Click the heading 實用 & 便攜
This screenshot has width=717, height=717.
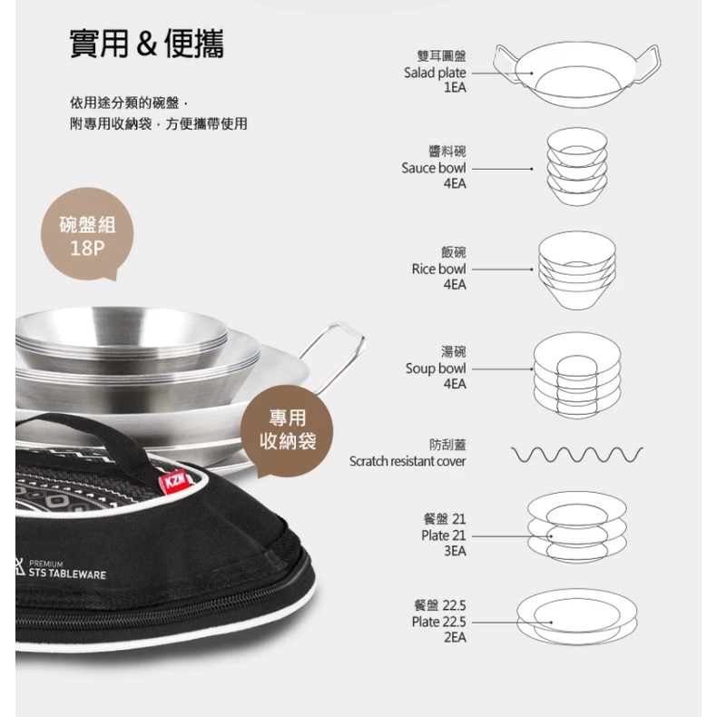click(x=147, y=44)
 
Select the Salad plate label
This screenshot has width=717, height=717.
click(x=435, y=73)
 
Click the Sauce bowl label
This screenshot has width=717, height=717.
click(x=434, y=168)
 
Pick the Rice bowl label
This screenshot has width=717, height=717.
click(x=438, y=269)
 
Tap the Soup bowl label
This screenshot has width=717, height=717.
click(x=436, y=368)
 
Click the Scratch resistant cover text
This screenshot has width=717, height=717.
click(x=408, y=461)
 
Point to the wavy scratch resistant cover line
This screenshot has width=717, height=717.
click(x=577, y=453)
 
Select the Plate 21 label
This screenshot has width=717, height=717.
click(x=443, y=535)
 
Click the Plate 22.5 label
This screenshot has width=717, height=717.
click(x=438, y=622)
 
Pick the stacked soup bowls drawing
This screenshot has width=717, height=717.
click(x=576, y=373)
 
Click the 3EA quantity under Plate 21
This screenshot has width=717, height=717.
click(x=454, y=551)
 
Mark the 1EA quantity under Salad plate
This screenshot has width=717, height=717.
click(x=454, y=89)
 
